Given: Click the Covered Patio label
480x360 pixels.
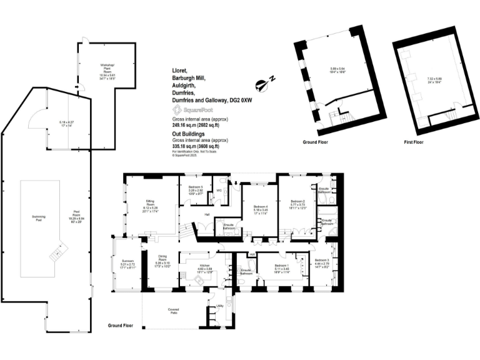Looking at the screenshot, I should coord(174,311).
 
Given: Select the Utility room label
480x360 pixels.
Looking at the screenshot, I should coord(221,306).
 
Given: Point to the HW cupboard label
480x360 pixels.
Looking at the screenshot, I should coord(251,254).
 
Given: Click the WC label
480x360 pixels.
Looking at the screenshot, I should coord(219,191).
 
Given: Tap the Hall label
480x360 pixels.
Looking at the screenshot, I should coord(206,214).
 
